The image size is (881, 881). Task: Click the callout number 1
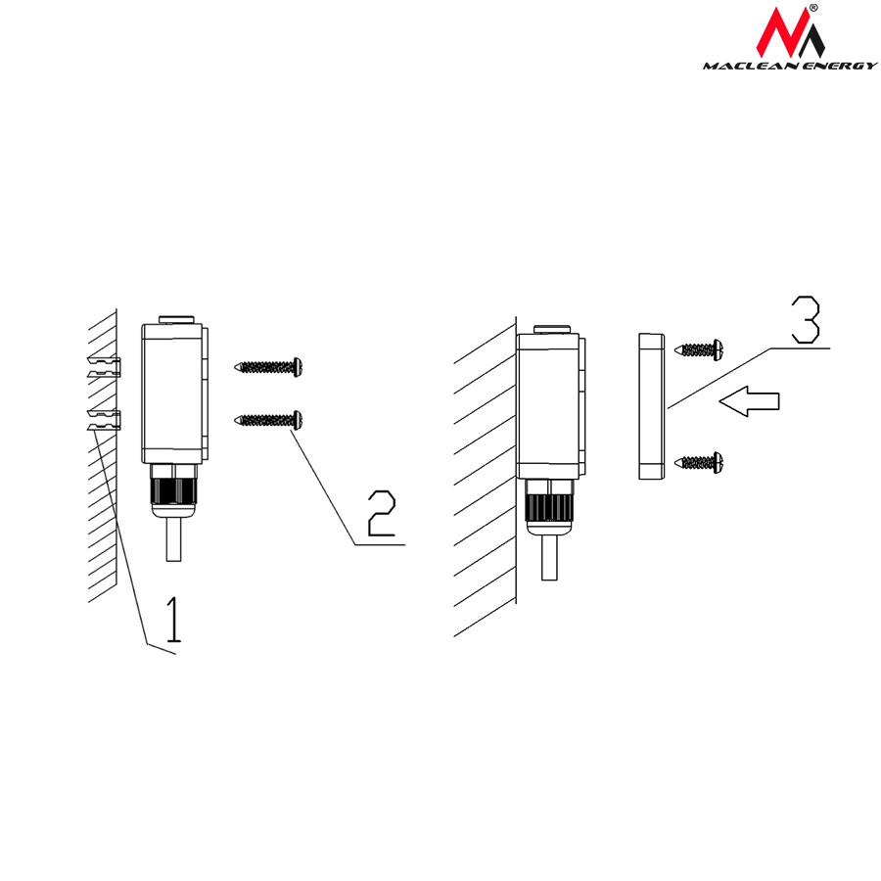(x=175, y=620)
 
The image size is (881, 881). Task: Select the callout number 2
(x=382, y=513)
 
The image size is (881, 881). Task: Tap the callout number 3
(x=806, y=319)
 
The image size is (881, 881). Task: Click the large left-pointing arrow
(x=749, y=401)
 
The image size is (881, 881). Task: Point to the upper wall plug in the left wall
(x=104, y=366)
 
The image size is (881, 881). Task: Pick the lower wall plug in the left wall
(x=104, y=420)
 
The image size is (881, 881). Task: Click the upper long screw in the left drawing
(x=268, y=367)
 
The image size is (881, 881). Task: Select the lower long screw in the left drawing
(x=268, y=419)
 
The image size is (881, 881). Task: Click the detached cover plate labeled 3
(x=651, y=406)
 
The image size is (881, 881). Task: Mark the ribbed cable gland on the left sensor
(x=173, y=490)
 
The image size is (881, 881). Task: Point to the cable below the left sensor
(x=173, y=539)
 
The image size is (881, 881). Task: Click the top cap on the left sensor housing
(x=176, y=320)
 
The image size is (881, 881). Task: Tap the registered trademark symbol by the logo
(x=813, y=7)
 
